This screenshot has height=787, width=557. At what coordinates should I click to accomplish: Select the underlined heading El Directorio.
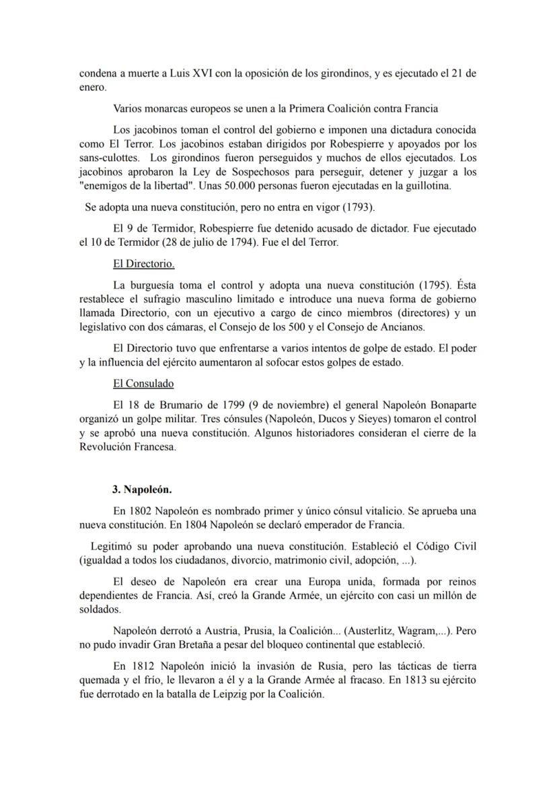[144, 263]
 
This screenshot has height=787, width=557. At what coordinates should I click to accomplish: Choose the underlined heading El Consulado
[143, 384]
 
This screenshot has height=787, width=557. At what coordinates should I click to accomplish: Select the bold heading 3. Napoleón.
[143, 489]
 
